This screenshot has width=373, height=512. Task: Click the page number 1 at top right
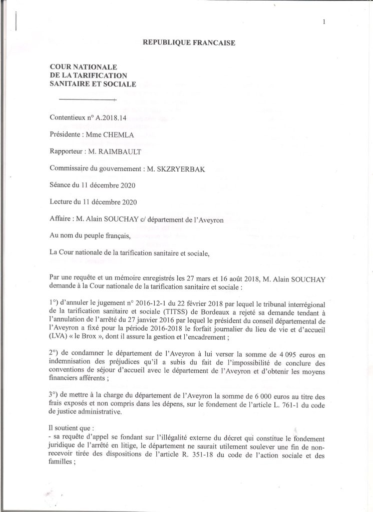point(324,21)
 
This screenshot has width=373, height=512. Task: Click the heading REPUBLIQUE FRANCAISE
point(189,43)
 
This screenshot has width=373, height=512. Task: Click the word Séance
point(61,185)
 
